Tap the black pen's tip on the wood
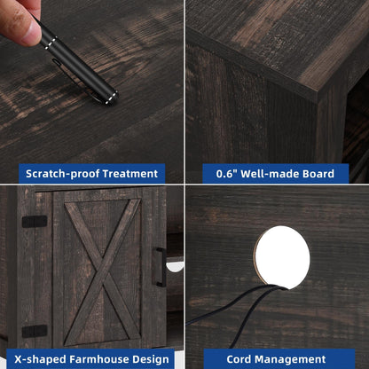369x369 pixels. pyautogui.click(x=114, y=98)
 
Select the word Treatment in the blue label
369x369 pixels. pyautogui.click(x=130, y=174)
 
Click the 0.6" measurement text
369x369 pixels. pyautogui.click(x=226, y=174)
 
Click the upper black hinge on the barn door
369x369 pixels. pyautogui.click(x=35, y=222)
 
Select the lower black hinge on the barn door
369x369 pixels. pyautogui.click(x=35, y=331)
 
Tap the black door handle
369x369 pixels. pyautogui.click(x=160, y=267)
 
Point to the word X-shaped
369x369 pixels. pyautogui.click(x=41, y=359)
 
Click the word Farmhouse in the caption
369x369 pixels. pyautogui.click(x=99, y=359)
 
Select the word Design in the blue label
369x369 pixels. pyautogui.click(x=151, y=359)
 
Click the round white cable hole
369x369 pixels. pyautogui.click(x=282, y=257)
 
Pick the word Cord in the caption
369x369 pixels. pyautogui.click(x=239, y=359)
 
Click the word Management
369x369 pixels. pyautogui.click(x=290, y=359)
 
